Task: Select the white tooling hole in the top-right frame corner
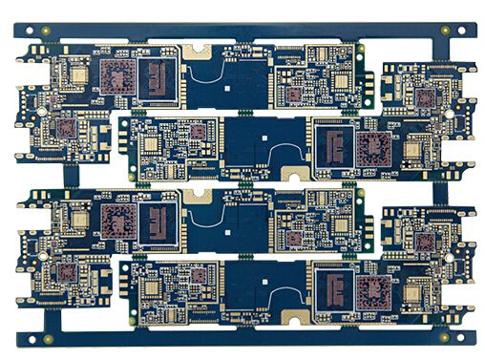click(463, 30)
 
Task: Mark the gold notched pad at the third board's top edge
click(200, 193)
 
